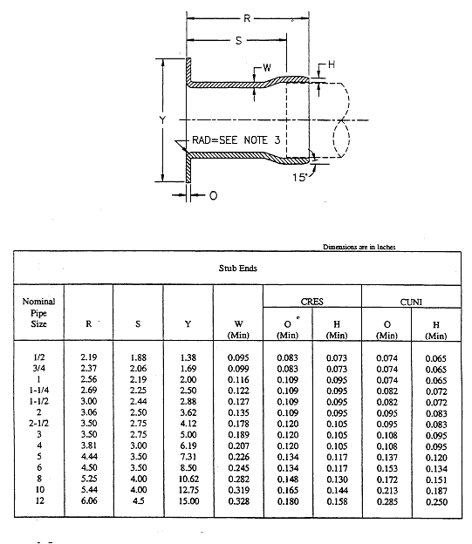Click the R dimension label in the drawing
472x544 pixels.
pos(247,18)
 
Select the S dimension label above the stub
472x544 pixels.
pos(238,41)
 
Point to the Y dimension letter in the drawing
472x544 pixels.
pos(162,120)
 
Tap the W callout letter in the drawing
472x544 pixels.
pos(267,68)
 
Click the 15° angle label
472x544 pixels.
pos(300,177)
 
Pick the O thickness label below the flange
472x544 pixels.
pos(213,195)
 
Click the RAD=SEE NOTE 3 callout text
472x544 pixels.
pos(236,140)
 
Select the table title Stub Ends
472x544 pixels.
pos(238,269)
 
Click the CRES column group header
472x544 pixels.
pos(311,302)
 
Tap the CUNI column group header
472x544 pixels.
pos(411,302)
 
